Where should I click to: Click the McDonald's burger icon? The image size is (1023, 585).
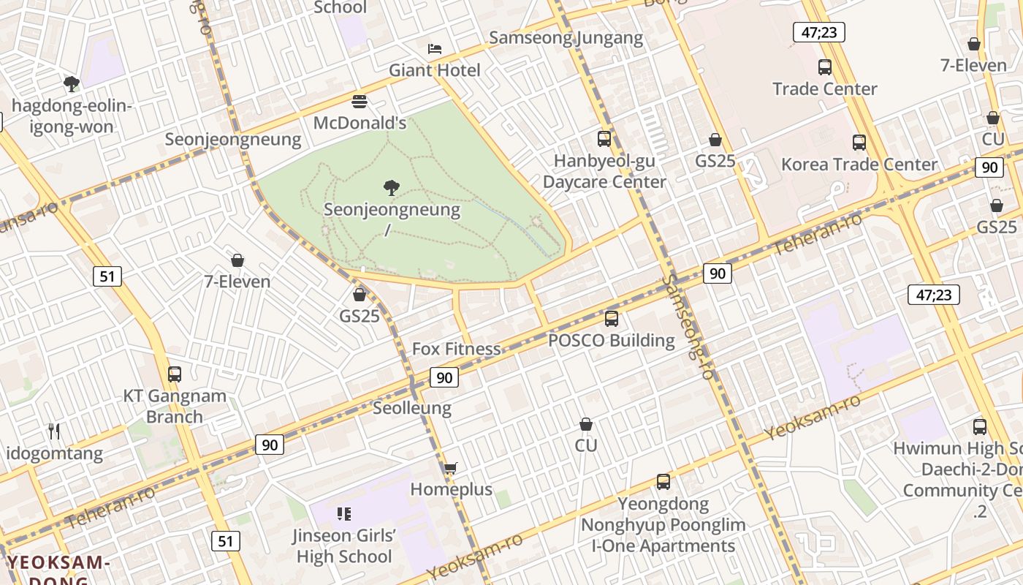(359, 101)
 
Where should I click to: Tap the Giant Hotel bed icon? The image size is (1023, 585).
(434, 49)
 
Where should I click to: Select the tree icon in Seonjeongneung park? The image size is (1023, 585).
(392, 188)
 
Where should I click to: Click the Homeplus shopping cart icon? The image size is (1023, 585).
(451, 468)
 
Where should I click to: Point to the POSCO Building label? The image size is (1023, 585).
(611, 340)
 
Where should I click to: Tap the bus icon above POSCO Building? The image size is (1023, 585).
(612, 318)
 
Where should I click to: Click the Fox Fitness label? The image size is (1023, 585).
(456, 349)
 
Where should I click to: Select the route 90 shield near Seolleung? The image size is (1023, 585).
(444, 377)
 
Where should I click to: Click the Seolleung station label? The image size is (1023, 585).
(412, 407)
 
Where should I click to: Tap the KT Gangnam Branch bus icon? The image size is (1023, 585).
(174, 374)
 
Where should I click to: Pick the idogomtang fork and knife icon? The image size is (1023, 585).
(54, 431)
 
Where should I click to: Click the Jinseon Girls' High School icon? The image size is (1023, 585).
(344, 514)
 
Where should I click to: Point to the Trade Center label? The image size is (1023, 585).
(824, 88)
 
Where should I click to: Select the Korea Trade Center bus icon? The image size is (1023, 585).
(859, 143)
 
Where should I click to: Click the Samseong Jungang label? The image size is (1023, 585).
(566, 38)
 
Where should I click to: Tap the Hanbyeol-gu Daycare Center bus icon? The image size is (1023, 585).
(604, 138)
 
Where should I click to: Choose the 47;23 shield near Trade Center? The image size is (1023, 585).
(818, 31)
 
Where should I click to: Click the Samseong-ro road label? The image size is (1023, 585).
(687, 326)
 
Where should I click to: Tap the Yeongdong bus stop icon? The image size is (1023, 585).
(663, 482)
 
